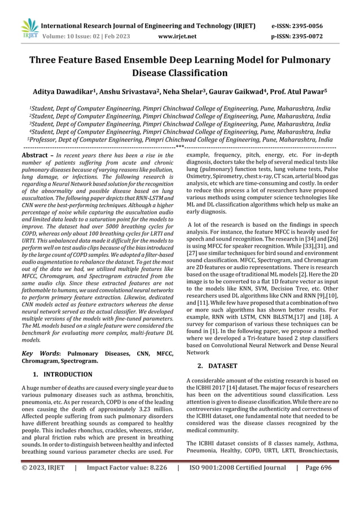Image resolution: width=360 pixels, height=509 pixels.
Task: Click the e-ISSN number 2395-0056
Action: [x=315, y=26]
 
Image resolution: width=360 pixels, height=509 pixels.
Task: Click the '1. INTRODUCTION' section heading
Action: [x=62, y=374]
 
